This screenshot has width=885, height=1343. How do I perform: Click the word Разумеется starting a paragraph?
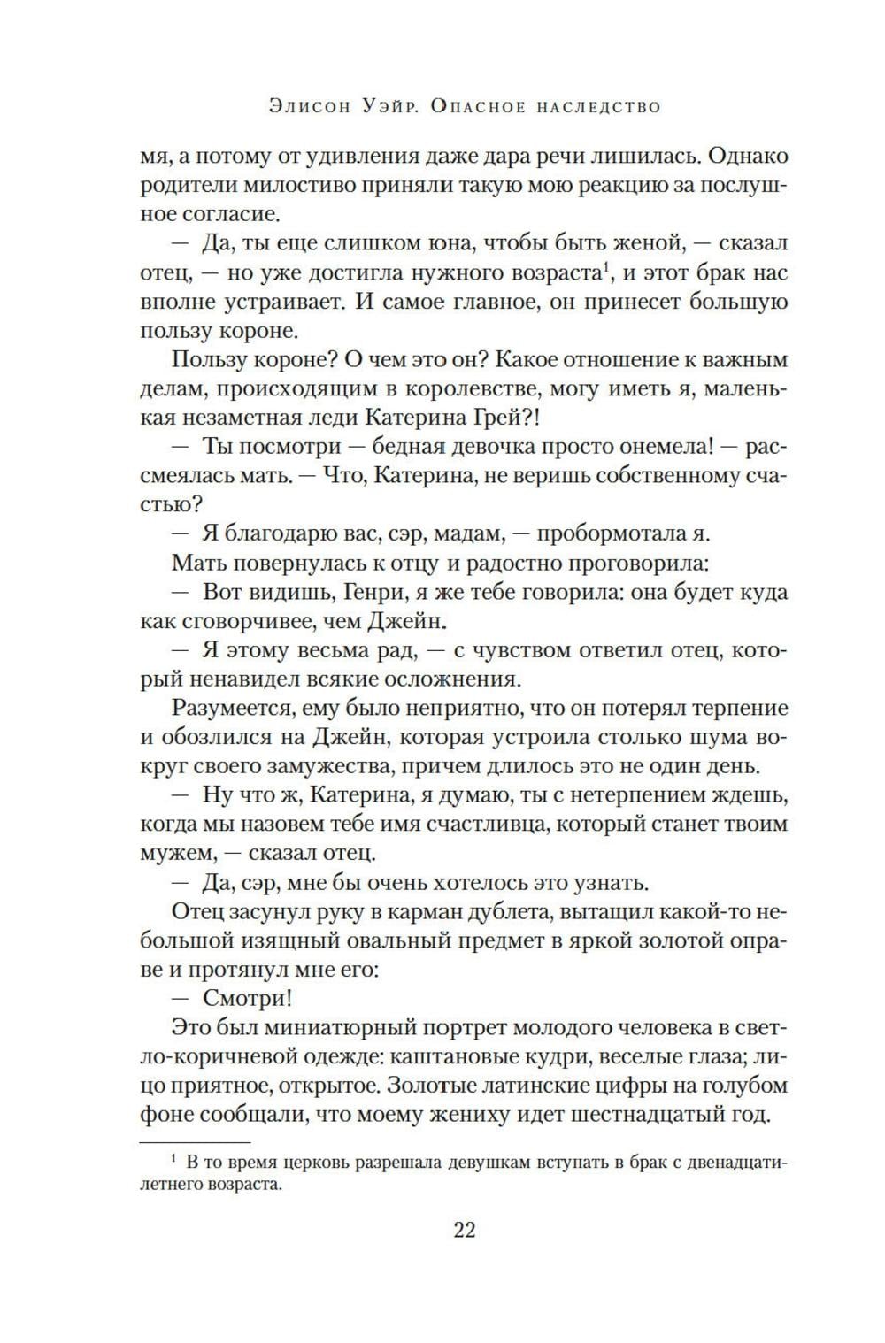point(232,709)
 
